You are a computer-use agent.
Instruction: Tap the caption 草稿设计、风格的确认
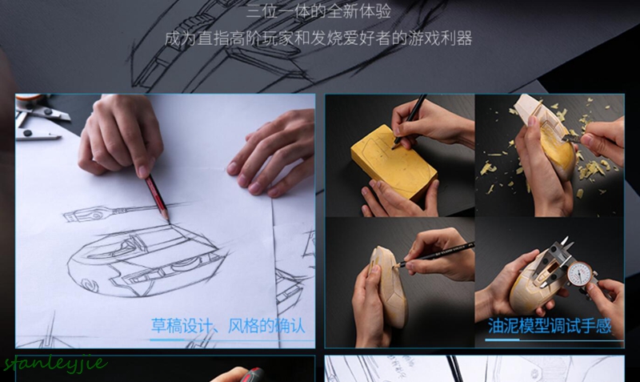pos(228,326)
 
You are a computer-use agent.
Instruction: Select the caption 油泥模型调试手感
pos(550,326)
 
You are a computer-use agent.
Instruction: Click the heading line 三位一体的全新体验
pos(319,11)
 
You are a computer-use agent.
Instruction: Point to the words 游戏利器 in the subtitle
pos(444,38)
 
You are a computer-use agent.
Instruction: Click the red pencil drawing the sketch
pos(155,196)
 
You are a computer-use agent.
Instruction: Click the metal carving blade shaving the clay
pos(574,139)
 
